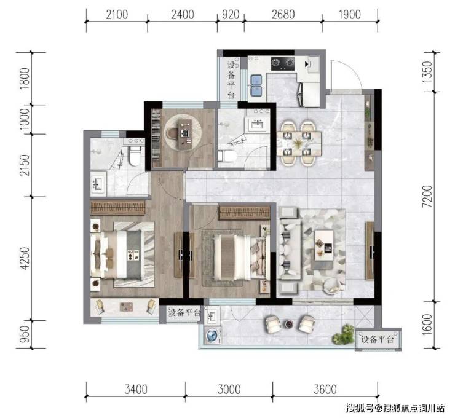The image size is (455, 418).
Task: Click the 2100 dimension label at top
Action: [117, 15]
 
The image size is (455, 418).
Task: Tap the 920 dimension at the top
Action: [231, 15]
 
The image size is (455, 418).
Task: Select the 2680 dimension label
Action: [283, 15]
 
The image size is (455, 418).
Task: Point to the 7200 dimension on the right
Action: [427, 196]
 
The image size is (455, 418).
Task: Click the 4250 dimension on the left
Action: [25, 258]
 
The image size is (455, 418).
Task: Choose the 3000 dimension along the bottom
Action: [229, 390]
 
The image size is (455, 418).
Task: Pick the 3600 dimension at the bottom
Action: [325, 390]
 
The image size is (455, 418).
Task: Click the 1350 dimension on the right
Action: [427, 72]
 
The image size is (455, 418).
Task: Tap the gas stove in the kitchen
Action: [283, 64]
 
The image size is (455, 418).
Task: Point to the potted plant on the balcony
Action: [344, 334]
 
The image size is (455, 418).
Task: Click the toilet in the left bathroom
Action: [134, 156]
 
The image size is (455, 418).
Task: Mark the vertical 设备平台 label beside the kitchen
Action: [231, 80]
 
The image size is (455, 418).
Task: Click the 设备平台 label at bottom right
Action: [378, 339]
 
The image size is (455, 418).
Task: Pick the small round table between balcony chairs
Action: [289, 324]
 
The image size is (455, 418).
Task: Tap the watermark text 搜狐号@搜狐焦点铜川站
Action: [395, 408]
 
